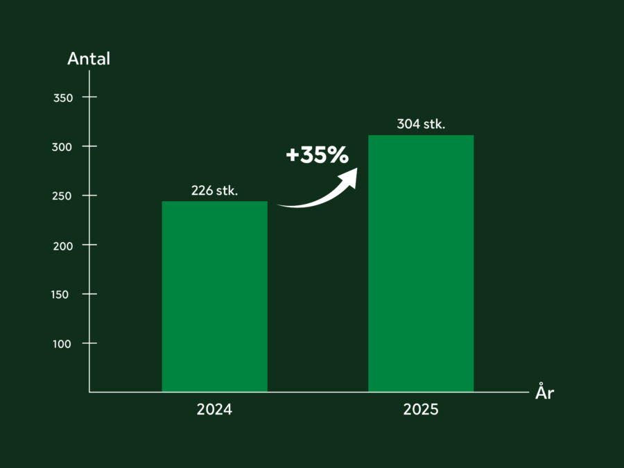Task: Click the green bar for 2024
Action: point(214,297)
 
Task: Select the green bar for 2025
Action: point(421,263)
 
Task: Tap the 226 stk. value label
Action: point(214,191)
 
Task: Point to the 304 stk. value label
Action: point(421,125)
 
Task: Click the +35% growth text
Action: point(317,155)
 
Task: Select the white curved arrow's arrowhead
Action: point(349,177)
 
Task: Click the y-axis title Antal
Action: point(89,59)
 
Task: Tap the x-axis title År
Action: point(545,393)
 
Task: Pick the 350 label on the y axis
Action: point(63,98)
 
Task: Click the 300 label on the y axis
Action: point(63,147)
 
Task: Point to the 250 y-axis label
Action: point(63,196)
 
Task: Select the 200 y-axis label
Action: point(63,245)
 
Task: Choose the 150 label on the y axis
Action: point(63,295)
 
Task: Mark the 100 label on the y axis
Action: point(63,344)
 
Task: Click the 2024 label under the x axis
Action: point(214,410)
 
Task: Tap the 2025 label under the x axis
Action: point(421,410)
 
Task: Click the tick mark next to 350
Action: point(89,97)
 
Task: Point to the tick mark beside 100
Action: point(89,343)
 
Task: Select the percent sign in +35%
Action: point(338,155)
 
